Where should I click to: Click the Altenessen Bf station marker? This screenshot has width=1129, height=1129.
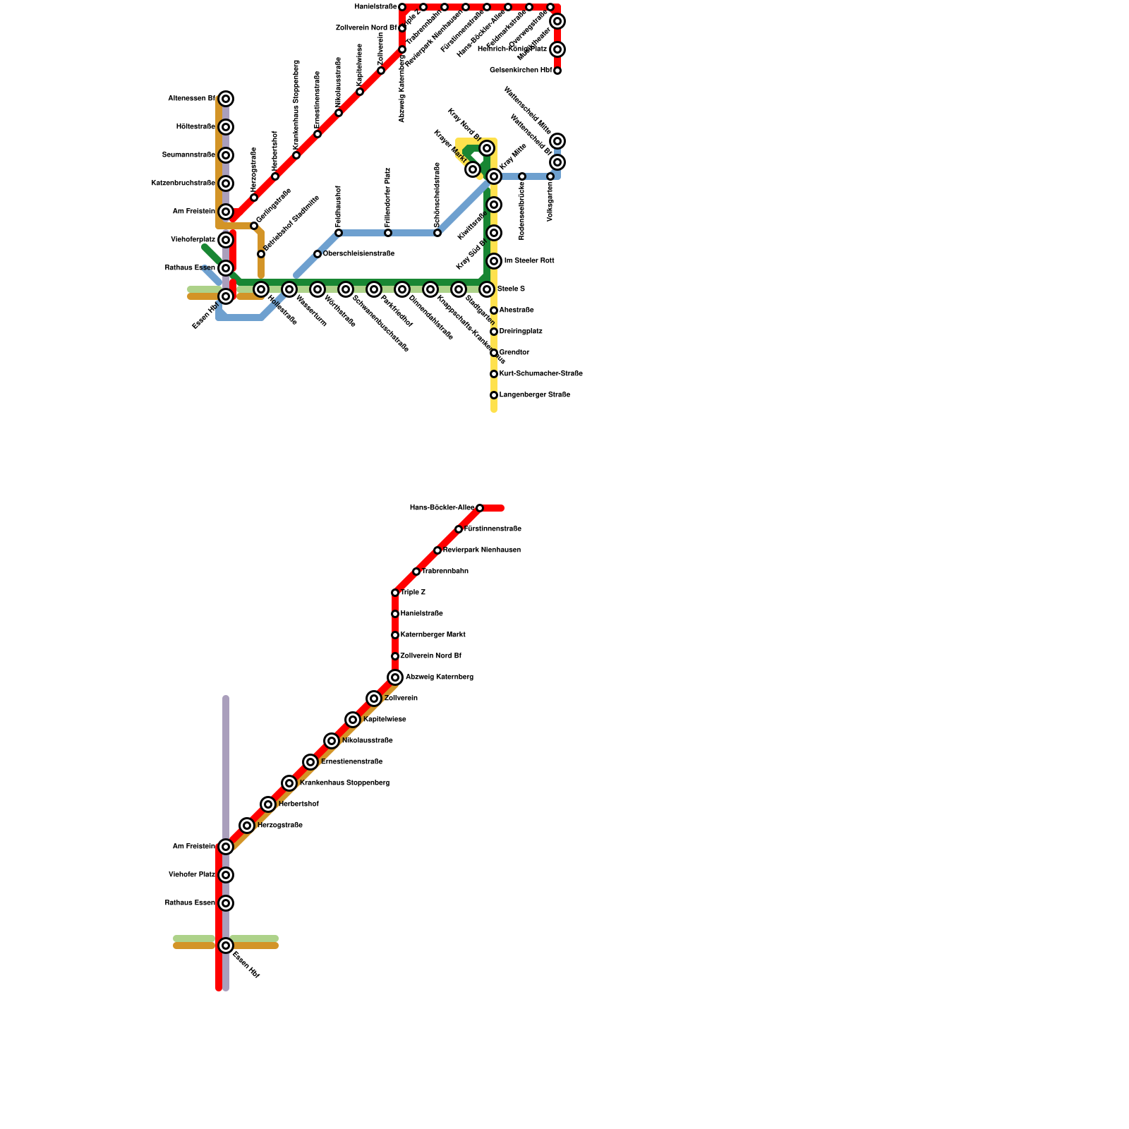pyautogui.click(x=226, y=99)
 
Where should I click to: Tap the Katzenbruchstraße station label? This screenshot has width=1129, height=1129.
pyautogui.click(x=183, y=183)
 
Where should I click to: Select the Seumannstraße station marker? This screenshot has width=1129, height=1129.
pyautogui.click(x=226, y=155)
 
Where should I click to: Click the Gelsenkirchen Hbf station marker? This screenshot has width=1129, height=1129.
pyautogui.click(x=557, y=71)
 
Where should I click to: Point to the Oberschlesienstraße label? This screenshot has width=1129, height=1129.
pyautogui.click(x=358, y=254)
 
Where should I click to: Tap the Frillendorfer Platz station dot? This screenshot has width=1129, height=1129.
pyautogui.click(x=388, y=233)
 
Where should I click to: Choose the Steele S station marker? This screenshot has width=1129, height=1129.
pyautogui.click(x=487, y=289)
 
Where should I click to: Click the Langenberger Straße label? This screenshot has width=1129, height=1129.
pyautogui.click(x=534, y=395)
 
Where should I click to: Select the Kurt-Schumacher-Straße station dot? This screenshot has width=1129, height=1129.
pyautogui.click(x=494, y=374)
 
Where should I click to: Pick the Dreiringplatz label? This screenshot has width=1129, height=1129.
pyautogui.click(x=521, y=332)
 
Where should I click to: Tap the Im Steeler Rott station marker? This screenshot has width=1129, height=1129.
pyautogui.click(x=494, y=261)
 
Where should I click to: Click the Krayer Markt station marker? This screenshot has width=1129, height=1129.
pyautogui.click(x=473, y=169)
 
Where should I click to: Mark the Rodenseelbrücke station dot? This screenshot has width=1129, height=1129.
pyautogui.click(x=522, y=176)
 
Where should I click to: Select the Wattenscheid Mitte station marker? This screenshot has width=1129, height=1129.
pyautogui.click(x=557, y=141)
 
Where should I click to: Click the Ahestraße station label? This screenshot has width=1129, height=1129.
pyautogui.click(x=517, y=310)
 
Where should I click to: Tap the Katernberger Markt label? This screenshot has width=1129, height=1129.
pyautogui.click(x=433, y=635)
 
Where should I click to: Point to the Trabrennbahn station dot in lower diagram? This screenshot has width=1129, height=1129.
pyautogui.click(x=416, y=572)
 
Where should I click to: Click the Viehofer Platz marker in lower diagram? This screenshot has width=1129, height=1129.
pyautogui.click(x=226, y=875)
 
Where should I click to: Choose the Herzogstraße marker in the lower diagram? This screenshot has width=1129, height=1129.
pyautogui.click(x=247, y=826)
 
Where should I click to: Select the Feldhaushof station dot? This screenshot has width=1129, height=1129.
pyautogui.click(x=339, y=233)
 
